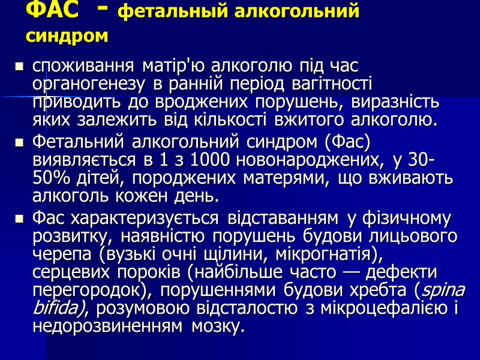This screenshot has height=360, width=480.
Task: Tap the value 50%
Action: tap(53, 179)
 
